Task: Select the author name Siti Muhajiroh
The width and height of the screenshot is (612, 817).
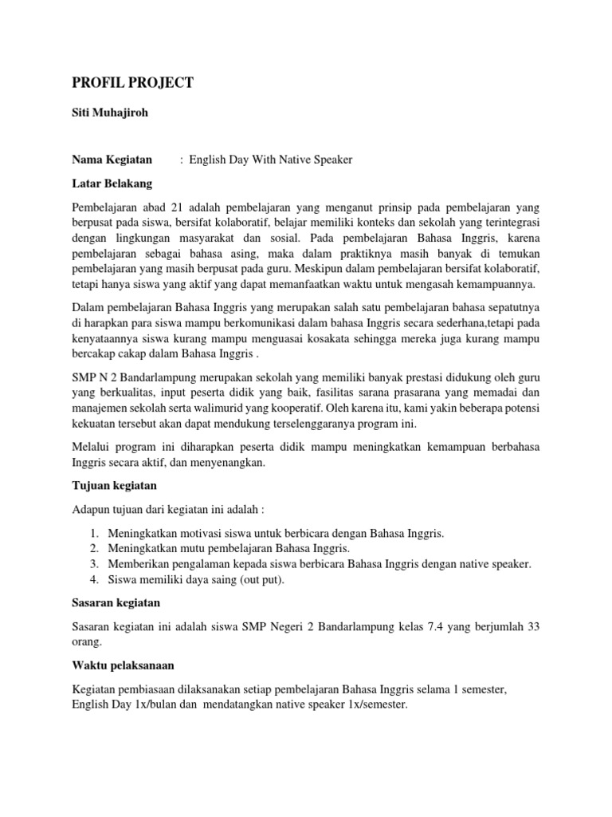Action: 109,113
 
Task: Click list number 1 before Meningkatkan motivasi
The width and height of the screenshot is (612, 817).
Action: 93,533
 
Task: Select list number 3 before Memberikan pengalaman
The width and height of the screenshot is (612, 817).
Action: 93,564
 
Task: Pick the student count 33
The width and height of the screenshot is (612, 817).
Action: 532,627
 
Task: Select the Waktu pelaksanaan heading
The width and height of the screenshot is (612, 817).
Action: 123,665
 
